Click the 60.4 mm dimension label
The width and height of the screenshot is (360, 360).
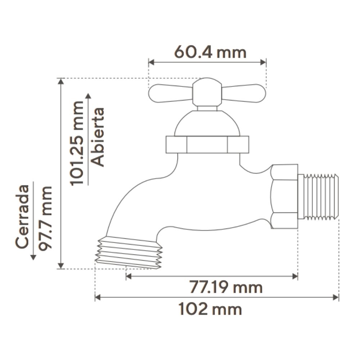(x=210, y=52)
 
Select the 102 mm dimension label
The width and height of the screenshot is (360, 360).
(x=210, y=309)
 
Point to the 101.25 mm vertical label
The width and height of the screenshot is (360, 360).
(x=77, y=144)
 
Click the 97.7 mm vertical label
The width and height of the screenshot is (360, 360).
(x=45, y=218)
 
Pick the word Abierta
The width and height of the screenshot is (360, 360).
(x=97, y=137)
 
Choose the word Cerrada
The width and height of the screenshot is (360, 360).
(x=22, y=216)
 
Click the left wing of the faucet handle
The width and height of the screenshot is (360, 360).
(x=170, y=93)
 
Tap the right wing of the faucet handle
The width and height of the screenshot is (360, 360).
(x=244, y=94)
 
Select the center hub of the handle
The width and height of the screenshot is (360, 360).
(x=207, y=92)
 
